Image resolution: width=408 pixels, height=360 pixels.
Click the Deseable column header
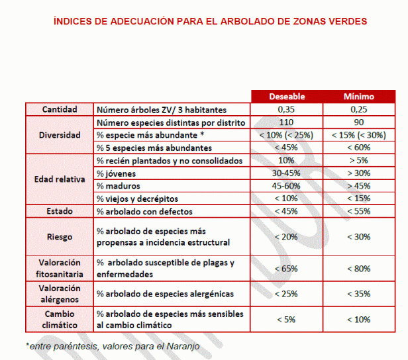point(286,97)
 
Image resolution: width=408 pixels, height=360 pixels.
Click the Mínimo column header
point(358,97)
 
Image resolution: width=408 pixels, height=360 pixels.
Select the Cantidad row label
point(60,109)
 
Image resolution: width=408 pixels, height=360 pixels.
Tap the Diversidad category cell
point(60,135)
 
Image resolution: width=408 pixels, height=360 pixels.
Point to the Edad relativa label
point(60,179)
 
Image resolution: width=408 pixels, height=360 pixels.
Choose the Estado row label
point(60,211)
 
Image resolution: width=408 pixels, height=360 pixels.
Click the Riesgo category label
point(60,236)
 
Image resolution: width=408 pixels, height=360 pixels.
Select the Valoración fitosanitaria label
point(60,267)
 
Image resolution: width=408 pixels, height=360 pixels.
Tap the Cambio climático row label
point(60,319)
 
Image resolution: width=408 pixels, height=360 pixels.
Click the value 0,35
point(286,109)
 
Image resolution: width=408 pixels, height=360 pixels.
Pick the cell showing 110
point(286,122)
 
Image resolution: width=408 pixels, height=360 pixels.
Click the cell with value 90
point(358,122)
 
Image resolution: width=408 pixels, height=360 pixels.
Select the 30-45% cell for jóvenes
point(286,173)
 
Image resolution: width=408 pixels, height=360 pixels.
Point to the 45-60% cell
point(286,185)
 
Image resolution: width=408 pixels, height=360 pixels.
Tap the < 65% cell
point(286,268)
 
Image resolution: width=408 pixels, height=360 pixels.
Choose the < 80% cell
point(358,268)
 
